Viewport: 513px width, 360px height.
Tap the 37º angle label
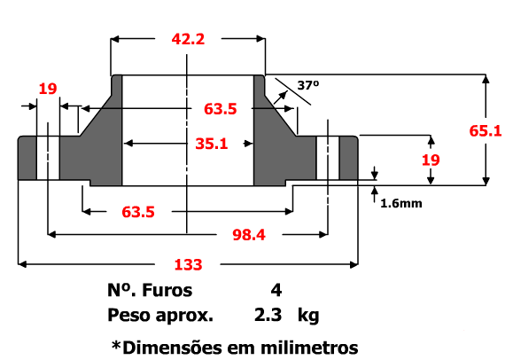(307, 86)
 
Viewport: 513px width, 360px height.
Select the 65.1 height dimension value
(486, 131)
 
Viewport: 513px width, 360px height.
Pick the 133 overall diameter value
(188, 264)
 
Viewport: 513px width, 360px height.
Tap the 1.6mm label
(400, 203)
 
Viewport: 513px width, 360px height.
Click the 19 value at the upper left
(48, 88)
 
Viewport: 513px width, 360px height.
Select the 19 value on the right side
(431, 160)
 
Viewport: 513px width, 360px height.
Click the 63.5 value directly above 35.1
(220, 110)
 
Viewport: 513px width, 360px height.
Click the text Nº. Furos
(149, 290)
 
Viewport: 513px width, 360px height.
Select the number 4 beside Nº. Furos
(276, 290)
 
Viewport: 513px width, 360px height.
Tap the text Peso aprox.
(160, 315)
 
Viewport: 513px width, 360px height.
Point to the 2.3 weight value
(268, 315)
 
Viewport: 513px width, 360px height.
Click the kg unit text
(308, 315)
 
